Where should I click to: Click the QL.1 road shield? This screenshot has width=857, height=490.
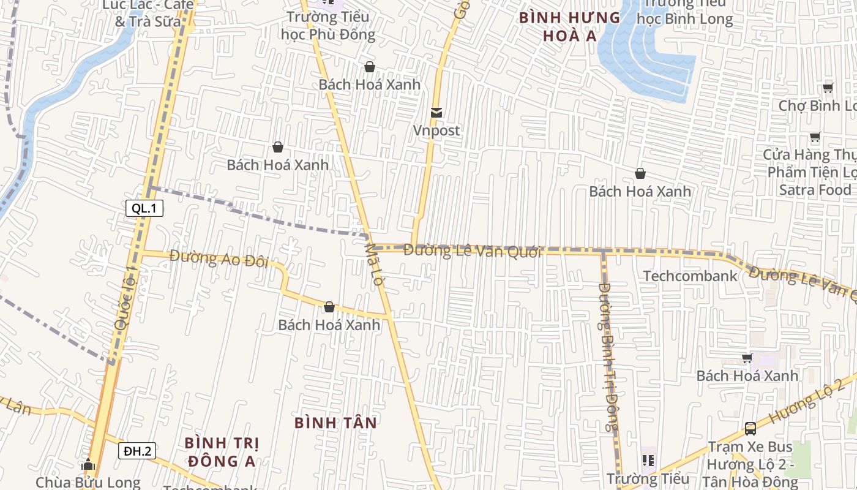click(144, 208)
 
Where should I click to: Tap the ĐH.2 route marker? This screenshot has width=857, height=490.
click(137, 451)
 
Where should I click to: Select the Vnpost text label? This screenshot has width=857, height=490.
click(436, 130)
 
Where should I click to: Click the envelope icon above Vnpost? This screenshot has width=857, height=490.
click(436, 113)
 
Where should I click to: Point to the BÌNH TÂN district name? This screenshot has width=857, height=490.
click(335, 423)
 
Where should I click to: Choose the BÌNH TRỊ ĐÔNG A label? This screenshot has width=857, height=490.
click(222, 451)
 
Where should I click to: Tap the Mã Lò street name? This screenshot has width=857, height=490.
click(373, 265)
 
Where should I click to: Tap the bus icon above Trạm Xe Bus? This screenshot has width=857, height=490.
click(750, 428)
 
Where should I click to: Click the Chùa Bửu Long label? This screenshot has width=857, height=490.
click(88, 482)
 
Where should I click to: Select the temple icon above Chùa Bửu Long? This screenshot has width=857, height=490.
click(88, 465)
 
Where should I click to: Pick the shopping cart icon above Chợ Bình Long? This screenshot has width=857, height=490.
click(828, 88)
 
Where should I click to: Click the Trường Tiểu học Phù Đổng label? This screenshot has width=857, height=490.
click(328, 25)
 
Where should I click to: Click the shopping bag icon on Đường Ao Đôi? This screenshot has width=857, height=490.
click(329, 307)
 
